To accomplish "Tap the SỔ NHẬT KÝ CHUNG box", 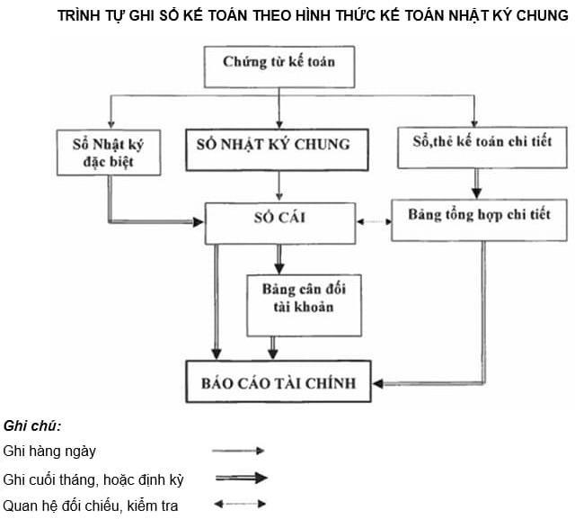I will (x=280, y=144).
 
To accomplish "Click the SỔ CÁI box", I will (x=280, y=219).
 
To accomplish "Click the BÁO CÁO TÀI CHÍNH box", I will (x=279, y=383).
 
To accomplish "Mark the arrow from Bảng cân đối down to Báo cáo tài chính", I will (x=274, y=346).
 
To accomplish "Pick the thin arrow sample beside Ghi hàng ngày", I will (x=239, y=451).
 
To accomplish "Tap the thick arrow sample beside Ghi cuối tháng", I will (x=240, y=478).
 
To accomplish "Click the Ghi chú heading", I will (x=32, y=425).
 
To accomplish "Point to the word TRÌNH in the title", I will (x=80, y=16).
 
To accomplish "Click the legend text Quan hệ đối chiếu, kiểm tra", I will (x=91, y=506).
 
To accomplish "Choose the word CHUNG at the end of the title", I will (x=543, y=16).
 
